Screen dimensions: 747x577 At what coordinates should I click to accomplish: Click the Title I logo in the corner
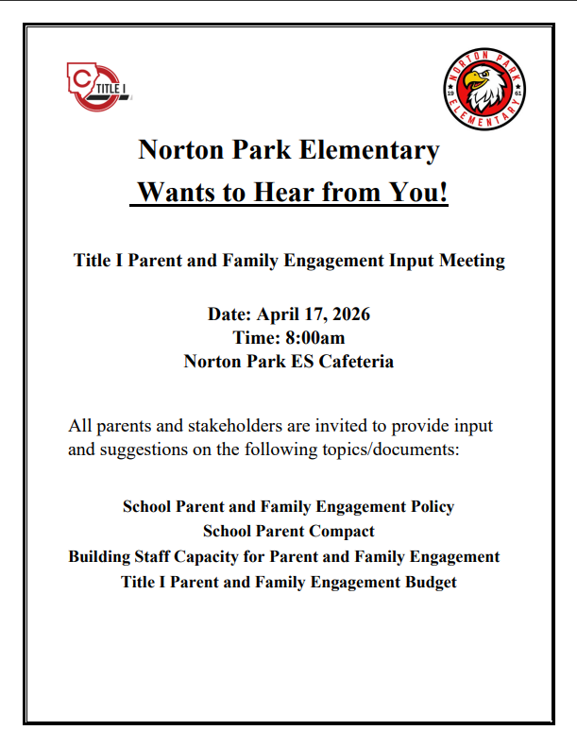tap(98, 86)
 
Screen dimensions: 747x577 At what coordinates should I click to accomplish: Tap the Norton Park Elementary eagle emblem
tap(484, 87)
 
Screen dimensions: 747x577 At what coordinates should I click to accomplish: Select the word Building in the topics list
tap(101, 557)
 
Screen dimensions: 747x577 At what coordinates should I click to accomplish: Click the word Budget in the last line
tap(429, 583)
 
